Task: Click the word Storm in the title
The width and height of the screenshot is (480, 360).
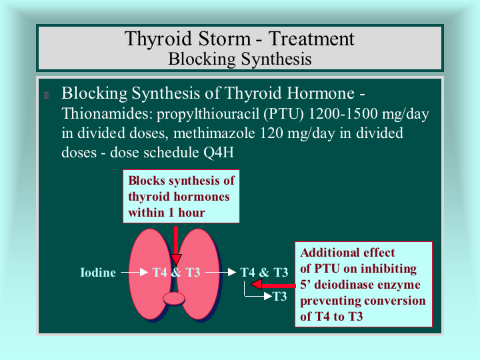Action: pyautogui.click(x=224, y=39)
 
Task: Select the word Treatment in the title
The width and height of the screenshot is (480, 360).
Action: pyautogui.click(x=311, y=39)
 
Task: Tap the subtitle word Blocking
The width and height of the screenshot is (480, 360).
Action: pyautogui.click(x=202, y=59)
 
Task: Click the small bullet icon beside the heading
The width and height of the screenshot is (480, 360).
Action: pyautogui.click(x=47, y=95)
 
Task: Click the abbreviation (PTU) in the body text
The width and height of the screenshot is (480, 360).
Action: pyautogui.click(x=283, y=114)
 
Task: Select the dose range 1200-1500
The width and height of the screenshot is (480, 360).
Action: pyautogui.click(x=343, y=113)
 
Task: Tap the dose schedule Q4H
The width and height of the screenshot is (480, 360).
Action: pyautogui.click(x=219, y=152)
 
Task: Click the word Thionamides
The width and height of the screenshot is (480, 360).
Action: pyautogui.click(x=107, y=114)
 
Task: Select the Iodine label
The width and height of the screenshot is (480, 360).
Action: pyautogui.click(x=98, y=272)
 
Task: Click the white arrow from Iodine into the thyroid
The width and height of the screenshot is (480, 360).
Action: pyautogui.click(x=135, y=272)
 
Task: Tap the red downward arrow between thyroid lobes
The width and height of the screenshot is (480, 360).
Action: pyautogui.click(x=176, y=245)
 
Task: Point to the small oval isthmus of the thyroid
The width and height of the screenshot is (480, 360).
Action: pyautogui.click(x=174, y=299)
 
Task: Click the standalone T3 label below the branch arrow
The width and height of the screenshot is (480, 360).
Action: pyautogui.click(x=279, y=296)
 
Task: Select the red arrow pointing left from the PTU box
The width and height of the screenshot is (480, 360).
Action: pyautogui.click(x=273, y=285)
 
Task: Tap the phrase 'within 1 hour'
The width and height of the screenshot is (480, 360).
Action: pyautogui.click(x=167, y=213)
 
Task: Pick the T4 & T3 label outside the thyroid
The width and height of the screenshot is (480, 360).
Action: pyautogui.click(x=264, y=272)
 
